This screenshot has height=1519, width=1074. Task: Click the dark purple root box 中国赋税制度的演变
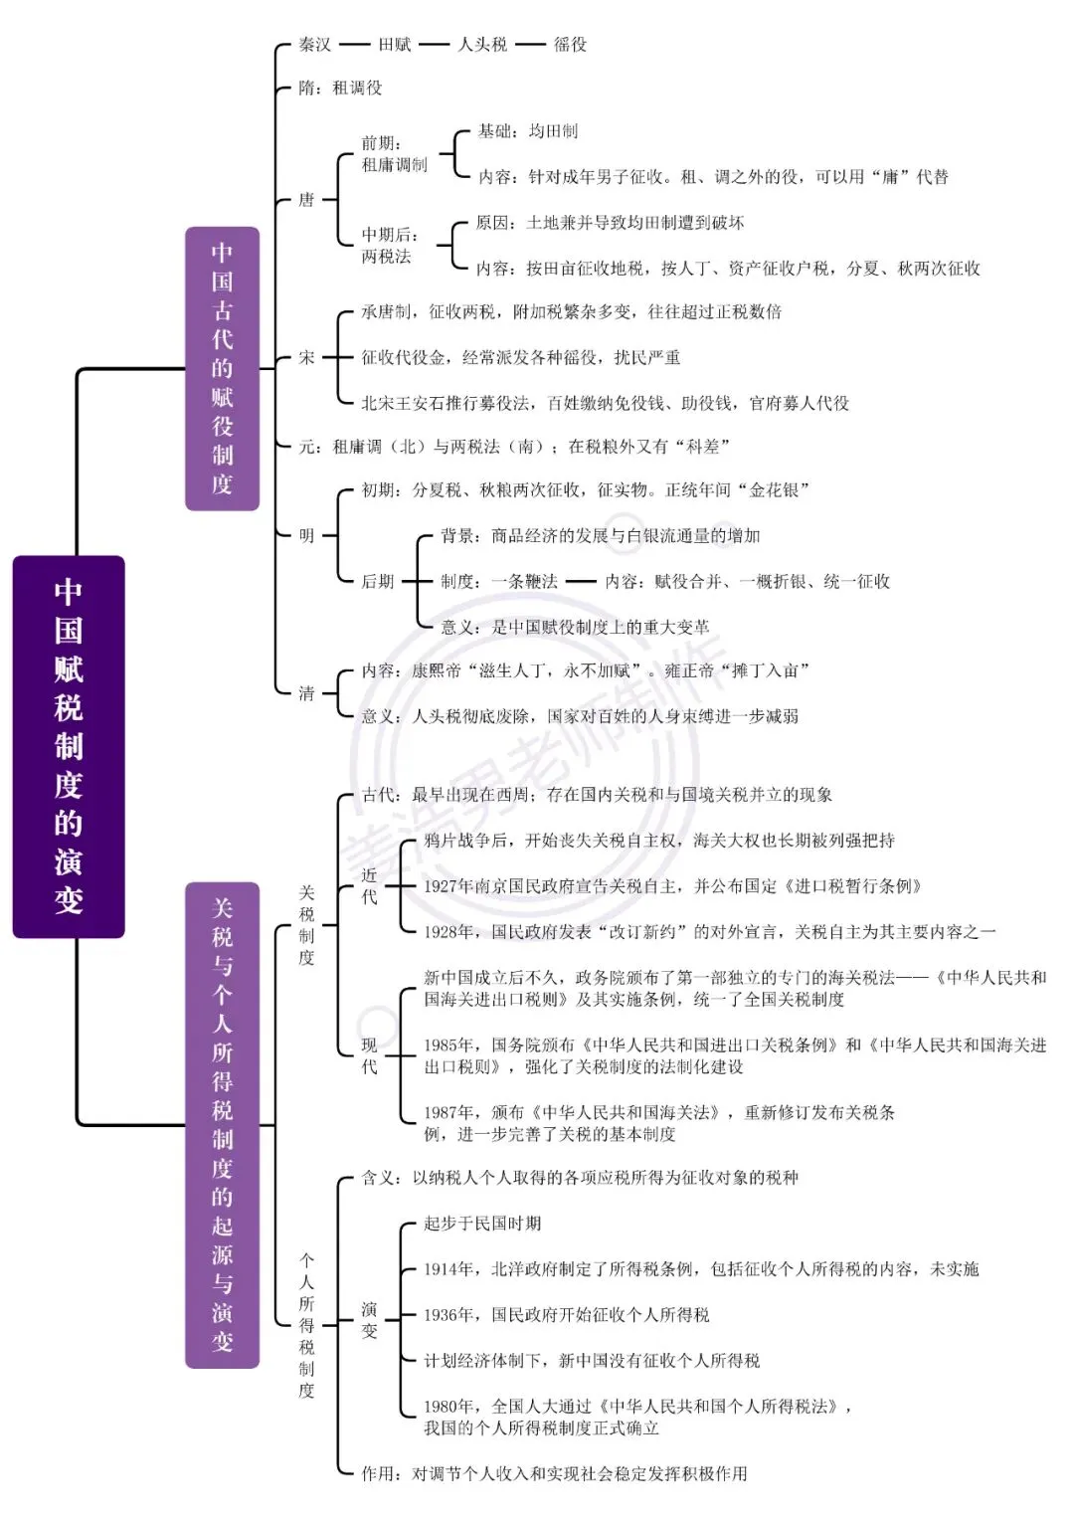69,747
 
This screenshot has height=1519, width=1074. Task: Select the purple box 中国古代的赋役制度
223,368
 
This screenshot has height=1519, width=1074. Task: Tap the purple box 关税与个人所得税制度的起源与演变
223,1125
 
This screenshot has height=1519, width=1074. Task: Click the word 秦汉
314,45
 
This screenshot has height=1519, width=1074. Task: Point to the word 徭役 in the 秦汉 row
570,45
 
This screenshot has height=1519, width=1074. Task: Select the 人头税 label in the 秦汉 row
482,45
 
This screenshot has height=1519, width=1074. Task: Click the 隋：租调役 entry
340,88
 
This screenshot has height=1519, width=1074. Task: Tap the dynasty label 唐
306,199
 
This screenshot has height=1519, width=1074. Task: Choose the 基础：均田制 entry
527,131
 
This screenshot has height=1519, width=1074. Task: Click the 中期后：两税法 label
391,245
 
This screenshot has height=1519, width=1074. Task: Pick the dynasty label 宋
306,357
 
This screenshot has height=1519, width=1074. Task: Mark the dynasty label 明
306,536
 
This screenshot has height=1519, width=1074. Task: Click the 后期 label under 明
377,581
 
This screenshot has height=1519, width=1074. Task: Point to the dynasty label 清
306,693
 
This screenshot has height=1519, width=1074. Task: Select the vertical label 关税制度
306,925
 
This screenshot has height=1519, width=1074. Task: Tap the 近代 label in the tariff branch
369,885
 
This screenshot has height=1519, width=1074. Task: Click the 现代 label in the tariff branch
369,1055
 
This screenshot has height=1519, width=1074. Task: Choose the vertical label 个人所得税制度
306,1325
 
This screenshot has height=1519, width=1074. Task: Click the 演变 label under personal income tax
369,1320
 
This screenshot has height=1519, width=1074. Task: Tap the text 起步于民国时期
482,1224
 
